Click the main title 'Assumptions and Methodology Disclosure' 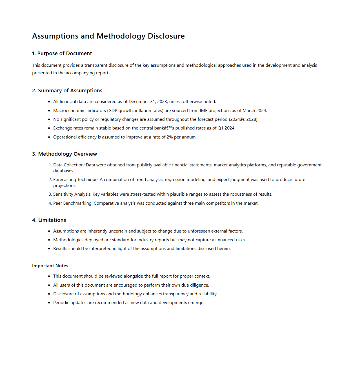tap(108, 36)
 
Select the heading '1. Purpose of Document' tap(62, 53)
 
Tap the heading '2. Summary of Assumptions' tap(67, 91)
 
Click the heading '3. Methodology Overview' tap(65, 154)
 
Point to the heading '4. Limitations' tap(49, 220)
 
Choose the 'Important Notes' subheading tap(50, 266)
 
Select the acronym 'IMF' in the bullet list tap(203, 111)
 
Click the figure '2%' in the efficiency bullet tap(170, 137)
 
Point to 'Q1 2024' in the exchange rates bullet tap(226, 128)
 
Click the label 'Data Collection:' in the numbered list tap(69, 165)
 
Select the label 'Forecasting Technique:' tap(76, 180)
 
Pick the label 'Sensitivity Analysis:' tap(72, 194)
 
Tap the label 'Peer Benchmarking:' tap(73, 203)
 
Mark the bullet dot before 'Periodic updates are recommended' tap(49, 303)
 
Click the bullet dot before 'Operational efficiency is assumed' tap(49, 137)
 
